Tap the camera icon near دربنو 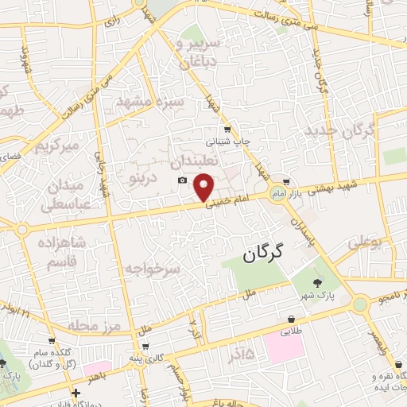click(x=183, y=180)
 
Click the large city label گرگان click(x=259, y=255)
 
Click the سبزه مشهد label click(x=150, y=103)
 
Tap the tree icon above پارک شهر click(x=317, y=282)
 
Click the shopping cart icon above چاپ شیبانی click(x=228, y=129)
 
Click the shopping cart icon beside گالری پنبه click(x=145, y=346)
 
